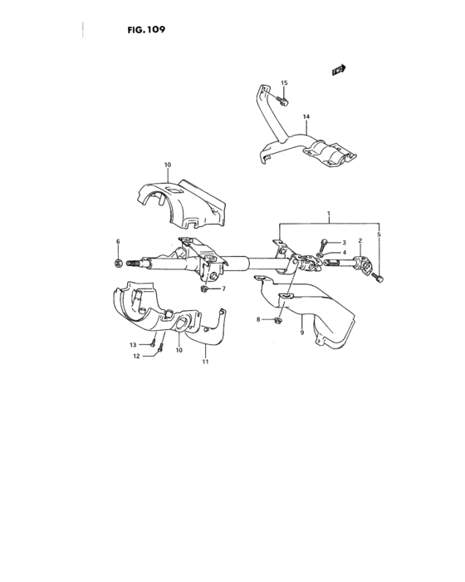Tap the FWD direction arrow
pos(338,71)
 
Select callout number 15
pos(284,83)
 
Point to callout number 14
pos(282,116)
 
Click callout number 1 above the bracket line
pos(329,214)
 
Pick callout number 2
pos(360,241)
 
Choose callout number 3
pos(341,243)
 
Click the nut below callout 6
pos(119,264)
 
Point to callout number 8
pos(258,319)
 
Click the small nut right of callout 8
pos(279,318)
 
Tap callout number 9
pos(301,333)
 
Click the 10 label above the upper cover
pos(167,165)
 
